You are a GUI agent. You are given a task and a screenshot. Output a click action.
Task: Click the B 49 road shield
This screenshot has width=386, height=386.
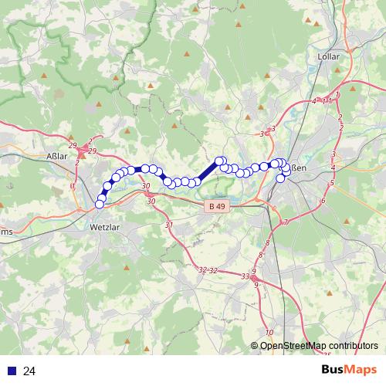click(217, 207)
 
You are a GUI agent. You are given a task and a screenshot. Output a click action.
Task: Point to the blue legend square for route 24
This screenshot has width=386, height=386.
click(10, 371)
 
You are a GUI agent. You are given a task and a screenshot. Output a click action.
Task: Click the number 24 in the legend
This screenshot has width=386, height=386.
click(30, 371)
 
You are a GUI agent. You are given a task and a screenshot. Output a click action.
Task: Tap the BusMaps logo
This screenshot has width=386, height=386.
click(349, 371)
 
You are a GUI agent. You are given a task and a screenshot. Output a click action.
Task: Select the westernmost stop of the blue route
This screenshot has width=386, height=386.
click(100, 204)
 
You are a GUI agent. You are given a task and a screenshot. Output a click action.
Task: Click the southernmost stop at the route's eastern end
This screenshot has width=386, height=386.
click(280, 178)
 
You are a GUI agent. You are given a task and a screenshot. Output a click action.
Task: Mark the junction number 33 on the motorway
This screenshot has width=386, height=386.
click(245, 276)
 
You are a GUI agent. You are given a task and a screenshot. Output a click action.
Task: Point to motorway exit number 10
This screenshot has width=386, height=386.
click(269, 332)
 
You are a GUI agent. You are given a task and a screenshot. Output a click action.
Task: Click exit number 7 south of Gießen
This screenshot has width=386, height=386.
click(286, 222)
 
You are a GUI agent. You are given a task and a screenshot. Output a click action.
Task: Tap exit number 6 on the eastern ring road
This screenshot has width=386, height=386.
click(323, 201)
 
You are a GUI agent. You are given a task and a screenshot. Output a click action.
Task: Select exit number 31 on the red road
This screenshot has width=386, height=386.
click(169, 224)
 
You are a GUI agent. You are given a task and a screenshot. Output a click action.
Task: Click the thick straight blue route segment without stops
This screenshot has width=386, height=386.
click(208, 171)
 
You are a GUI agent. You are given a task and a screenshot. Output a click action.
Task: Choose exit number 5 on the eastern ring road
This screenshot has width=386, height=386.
click(331, 183)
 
